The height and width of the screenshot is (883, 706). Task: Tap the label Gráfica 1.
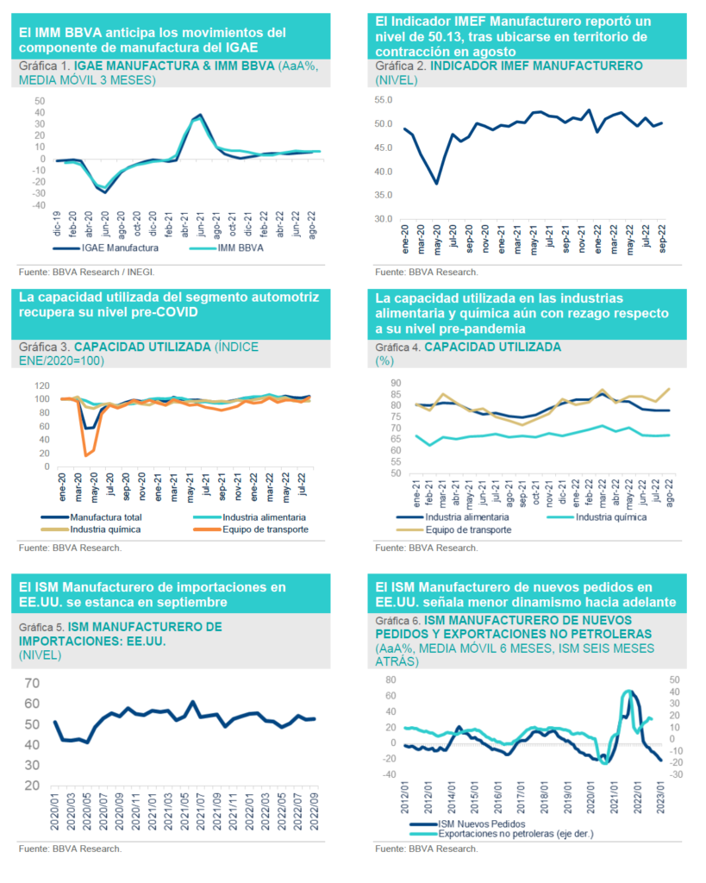point(43,66)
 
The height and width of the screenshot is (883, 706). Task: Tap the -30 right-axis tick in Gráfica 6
point(676,774)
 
